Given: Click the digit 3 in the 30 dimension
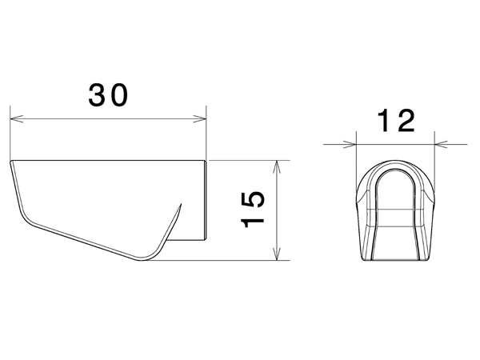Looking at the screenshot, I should coord(98,95).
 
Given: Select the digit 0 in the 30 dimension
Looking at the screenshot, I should coord(118,95).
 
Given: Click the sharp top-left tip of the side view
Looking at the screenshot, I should coord(11,162).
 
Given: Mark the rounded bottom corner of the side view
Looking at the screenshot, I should coord(145,260).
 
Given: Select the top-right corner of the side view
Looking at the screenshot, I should coord(206,161).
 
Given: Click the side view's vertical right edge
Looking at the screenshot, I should coord(206,200).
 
